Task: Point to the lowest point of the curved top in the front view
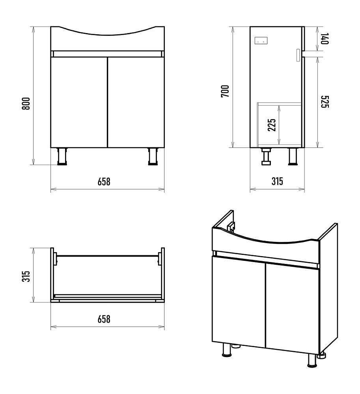(108, 35)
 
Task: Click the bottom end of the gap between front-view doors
(107, 147)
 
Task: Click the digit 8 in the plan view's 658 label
(108, 319)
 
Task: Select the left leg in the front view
(62, 156)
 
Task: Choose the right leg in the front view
(153, 156)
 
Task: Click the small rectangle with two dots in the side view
(261, 41)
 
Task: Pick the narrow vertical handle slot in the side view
(298, 55)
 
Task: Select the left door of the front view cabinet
(79, 102)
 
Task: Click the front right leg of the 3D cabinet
(312, 360)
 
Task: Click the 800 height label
(26, 104)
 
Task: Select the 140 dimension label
(325, 39)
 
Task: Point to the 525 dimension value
(325, 102)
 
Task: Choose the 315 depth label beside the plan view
(26, 276)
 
